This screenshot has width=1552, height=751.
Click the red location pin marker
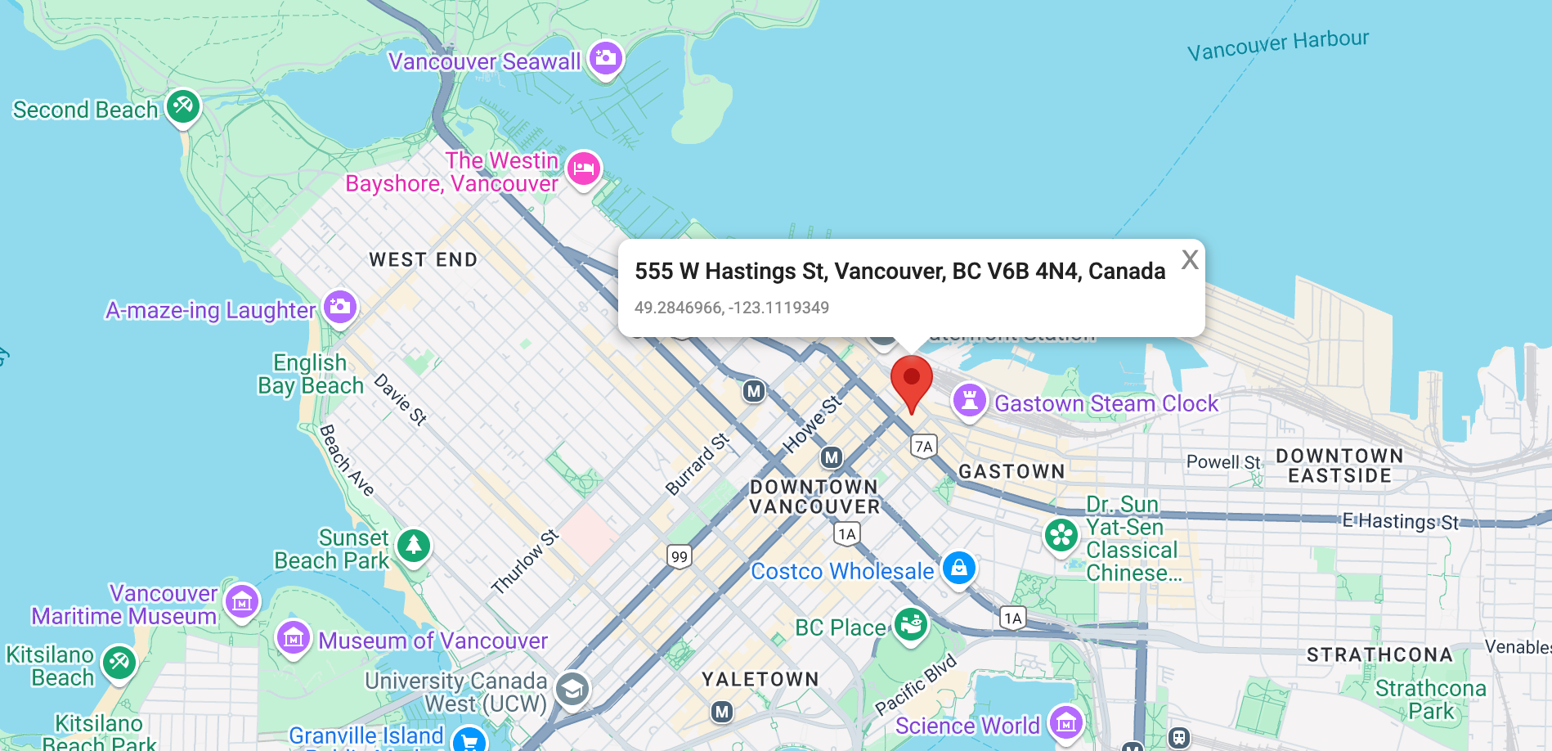click(911, 381)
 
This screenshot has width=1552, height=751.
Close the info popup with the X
click(1190, 260)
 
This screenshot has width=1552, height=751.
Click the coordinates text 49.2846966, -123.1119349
click(732, 308)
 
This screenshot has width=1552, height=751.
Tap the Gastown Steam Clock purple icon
click(969, 401)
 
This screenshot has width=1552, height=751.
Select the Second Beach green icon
click(183, 106)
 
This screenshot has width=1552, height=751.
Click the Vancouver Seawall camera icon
click(605, 58)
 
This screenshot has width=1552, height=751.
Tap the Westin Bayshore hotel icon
click(584, 169)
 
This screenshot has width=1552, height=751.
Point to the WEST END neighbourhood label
click(423, 260)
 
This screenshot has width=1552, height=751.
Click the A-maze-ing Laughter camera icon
click(340, 307)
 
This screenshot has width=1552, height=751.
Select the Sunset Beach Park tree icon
click(414, 545)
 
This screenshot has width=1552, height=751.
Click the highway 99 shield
click(680, 557)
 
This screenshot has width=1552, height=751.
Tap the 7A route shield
click(924, 446)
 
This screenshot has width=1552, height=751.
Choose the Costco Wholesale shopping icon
click(958, 567)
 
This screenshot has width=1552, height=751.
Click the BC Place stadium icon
click(910, 625)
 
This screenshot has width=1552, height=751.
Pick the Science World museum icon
click(1066, 722)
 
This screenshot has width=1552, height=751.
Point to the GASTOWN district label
click(1011, 472)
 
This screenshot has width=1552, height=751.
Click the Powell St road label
click(1223, 462)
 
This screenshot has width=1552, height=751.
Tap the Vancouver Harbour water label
click(1277, 45)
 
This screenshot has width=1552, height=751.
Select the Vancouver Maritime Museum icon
click(242, 603)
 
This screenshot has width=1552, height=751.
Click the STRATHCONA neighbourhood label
click(1379, 655)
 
